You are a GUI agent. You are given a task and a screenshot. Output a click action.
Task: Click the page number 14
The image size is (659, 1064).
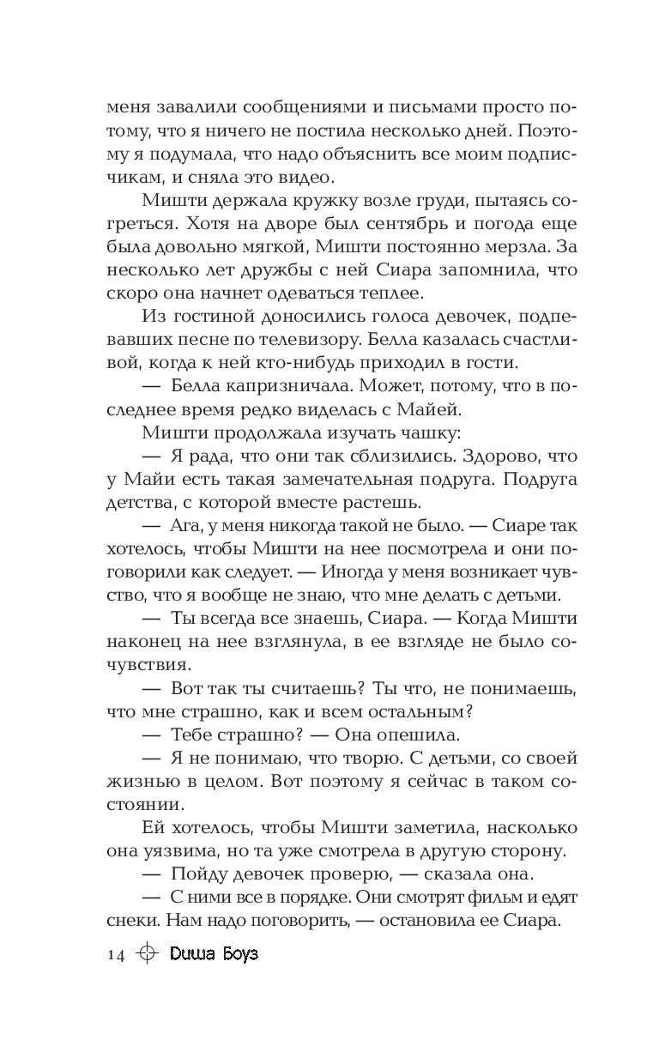[116, 955]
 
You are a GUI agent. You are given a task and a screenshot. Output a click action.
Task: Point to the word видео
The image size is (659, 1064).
[309, 178]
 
